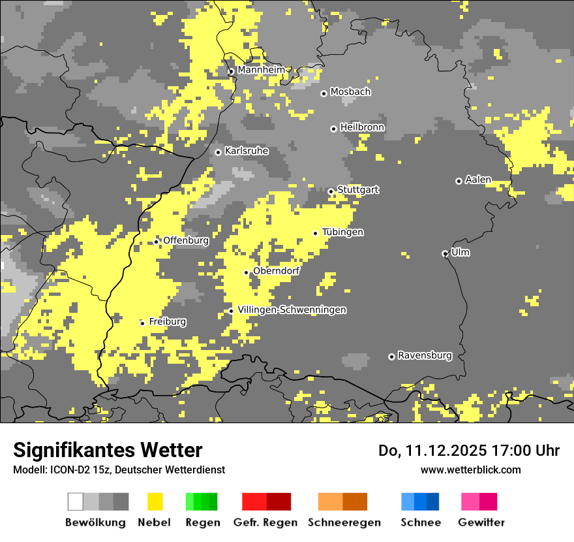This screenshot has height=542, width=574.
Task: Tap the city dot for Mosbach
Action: (x=324, y=93)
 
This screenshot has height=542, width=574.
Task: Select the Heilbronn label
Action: (x=362, y=127)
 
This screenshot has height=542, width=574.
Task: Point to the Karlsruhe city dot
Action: (x=219, y=152)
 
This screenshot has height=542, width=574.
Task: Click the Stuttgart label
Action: (x=358, y=190)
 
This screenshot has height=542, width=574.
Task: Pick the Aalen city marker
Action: (x=459, y=181)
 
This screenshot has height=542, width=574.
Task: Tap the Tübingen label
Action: (x=342, y=232)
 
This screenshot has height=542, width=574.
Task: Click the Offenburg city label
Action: (x=186, y=240)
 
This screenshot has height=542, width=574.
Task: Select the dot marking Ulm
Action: (x=445, y=253)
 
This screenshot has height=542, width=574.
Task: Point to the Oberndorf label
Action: (x=277, y=271)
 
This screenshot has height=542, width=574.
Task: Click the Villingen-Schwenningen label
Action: (x=292, y=310)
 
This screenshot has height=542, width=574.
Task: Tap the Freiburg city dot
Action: (x=142, y=323)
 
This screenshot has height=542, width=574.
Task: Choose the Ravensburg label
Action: (x=425, y=356)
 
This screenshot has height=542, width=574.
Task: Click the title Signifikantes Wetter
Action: (x=108, y=451)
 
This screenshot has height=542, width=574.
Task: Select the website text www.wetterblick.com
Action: (x=470, y=470)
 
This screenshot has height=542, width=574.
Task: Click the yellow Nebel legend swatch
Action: (x=155, y=502)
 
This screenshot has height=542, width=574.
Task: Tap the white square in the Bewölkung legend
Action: (x=75, y=502)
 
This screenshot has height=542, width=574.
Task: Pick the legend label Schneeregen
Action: (x=344, y=522)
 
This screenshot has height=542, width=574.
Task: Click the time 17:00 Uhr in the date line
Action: (x=524, y=451)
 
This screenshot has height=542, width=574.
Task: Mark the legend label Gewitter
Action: (x=481, y=522)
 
